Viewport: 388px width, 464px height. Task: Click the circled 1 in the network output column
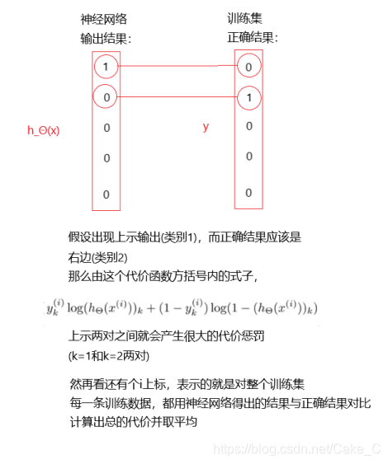coord(106,65)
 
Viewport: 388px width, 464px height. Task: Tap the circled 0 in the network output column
coord(106,96)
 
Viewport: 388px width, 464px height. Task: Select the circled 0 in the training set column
coord(248,65)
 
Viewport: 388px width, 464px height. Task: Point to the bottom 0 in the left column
coord(106,194)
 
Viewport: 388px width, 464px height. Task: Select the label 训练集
coord(246,17)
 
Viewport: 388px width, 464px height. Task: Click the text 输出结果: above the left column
coord(106,39)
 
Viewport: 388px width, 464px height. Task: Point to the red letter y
coord(206,127)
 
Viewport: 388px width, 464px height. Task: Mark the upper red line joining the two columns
coord(177,65)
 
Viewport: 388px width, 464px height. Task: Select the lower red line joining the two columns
coord(177,96)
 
